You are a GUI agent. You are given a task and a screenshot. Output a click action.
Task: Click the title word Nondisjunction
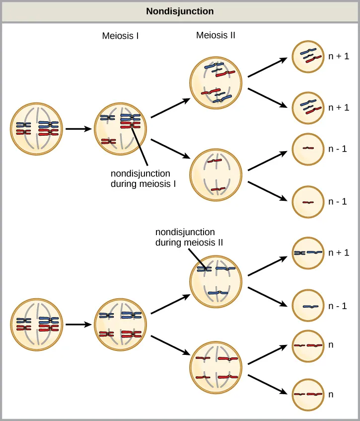180,11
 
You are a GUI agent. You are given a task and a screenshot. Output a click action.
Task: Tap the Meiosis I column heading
120,36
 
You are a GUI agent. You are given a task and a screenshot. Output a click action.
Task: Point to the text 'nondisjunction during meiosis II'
189,237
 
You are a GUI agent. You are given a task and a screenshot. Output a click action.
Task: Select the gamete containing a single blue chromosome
310,306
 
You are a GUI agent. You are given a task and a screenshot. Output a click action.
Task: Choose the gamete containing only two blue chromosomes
310,253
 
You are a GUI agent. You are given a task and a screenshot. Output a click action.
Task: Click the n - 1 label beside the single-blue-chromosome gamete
337,306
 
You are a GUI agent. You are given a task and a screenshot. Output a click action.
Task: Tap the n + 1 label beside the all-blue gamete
339,253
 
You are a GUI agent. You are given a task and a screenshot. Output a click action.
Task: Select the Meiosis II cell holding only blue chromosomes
216,281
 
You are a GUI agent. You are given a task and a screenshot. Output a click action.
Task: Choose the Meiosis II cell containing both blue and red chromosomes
216,83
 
